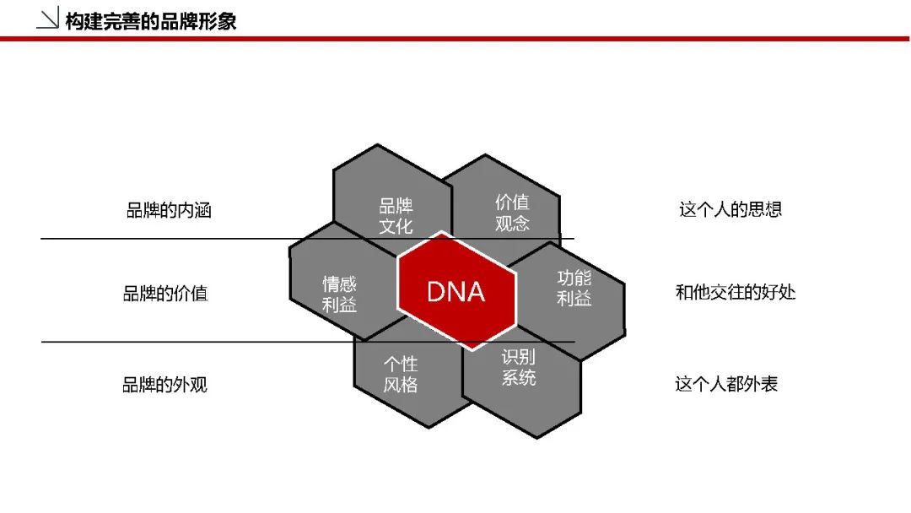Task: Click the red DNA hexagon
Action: [456, 291]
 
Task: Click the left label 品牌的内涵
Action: [169, 210]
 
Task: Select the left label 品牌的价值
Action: [165, 294]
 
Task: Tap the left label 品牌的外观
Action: [165, 385]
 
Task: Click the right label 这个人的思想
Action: [730, 209]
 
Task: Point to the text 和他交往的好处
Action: [736, 292]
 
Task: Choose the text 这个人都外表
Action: [726, 384]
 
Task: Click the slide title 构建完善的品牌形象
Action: [151, 21]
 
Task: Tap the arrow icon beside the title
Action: [47, 18]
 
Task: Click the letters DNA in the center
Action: [456, 292]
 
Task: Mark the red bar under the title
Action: [455, 39]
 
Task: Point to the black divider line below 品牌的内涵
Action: [307, 239]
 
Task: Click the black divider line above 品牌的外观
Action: [308, 343]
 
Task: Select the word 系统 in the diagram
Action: [519, 378]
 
